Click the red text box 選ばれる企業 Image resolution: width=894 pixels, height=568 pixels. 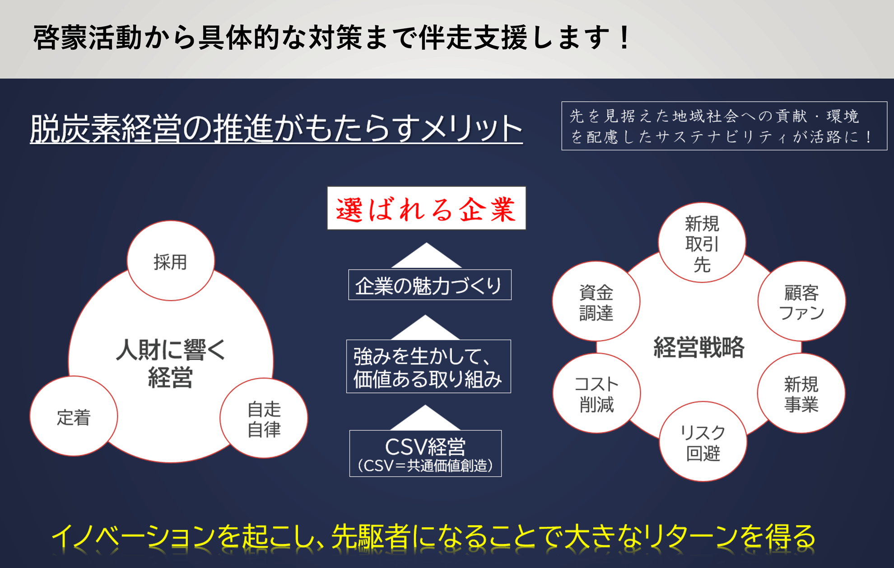click(426, 208)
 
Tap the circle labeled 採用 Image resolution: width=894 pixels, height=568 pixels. click(171, 261)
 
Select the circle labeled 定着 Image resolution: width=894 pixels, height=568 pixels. click(74, 416)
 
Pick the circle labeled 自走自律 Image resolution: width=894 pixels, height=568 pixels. click(264, 418)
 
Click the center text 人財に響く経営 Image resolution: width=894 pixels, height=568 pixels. click(171, 363)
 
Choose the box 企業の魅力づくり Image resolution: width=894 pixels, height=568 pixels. click(430, 285)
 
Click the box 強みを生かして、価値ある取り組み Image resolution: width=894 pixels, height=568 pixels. click(428, 366)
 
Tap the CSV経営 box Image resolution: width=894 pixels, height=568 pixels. click(425, 453)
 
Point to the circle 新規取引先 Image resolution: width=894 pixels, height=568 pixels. click(702, 243)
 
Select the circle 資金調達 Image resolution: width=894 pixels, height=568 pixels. click(596, 301)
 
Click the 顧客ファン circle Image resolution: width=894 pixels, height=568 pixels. click(801, 301)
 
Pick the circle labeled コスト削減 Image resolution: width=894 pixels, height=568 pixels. click(596, 393)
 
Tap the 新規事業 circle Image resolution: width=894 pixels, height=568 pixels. click(801, 393)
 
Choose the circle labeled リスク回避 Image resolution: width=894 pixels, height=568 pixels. click(703, 441)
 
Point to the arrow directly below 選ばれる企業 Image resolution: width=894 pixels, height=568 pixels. click(426, 256)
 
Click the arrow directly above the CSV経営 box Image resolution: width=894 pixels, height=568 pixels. click(425, 418)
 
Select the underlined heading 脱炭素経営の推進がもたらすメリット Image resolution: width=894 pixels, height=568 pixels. click(276, 129)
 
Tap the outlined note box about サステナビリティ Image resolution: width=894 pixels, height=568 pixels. click(724, 126)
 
